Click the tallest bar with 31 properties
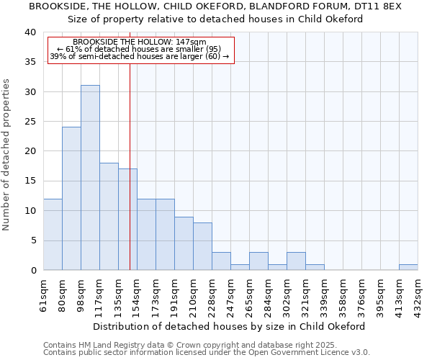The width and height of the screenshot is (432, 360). [90, 177]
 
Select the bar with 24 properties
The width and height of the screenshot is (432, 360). [71, 198]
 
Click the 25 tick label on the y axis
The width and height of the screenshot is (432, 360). [30, 122]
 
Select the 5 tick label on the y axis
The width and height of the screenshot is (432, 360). [33, 240]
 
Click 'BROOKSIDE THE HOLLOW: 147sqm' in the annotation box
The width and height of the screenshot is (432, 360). [140, 42]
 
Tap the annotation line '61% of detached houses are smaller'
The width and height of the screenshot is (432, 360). [140, 49]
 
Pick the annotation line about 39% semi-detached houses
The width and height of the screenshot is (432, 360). [140, 56]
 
